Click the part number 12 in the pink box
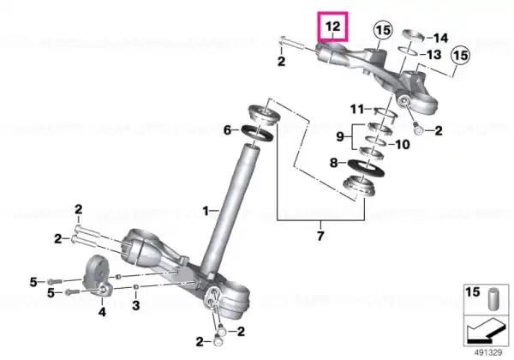(x=332, y=27)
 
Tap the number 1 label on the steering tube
(x=206, y=211)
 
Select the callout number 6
(x=228, y=130)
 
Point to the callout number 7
(x=320, y=236)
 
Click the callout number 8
(x=333, y=163)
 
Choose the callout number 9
(x=340, y=136)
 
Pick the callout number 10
(x=403, y=144)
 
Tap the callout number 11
(x=357, y=109)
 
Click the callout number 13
(x=433, y=55)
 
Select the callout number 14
(x=440, y=38)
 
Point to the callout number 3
(x=135, y=305)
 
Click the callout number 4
(x=102, y=311)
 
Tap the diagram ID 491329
(x=488, y=353)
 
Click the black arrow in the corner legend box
(x=486, y=333)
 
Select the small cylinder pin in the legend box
(x=493, y=298)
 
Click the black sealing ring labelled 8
(x=366, y=168)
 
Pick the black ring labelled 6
(x=257, y=133)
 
